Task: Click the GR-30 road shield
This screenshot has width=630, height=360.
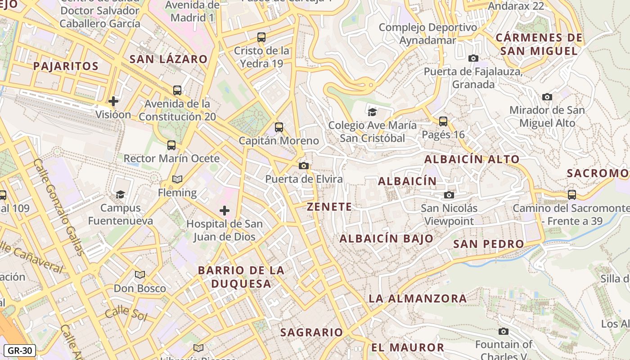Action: click(x=19, y=351)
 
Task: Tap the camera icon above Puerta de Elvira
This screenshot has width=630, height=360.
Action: click(x=304, y=166)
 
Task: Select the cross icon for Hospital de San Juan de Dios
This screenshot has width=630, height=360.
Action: click(x=224, y=210)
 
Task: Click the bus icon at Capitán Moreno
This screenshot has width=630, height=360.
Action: click(x=279, y=127)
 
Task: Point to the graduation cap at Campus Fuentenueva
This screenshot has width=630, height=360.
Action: click(x=120, y=194)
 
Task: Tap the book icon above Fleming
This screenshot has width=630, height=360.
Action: click(x=177, y=180)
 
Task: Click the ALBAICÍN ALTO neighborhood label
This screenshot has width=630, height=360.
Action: click(x=472, y=159)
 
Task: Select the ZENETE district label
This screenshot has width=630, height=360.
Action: click(x=329, y=207)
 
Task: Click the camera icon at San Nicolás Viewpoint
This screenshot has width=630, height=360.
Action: click(x=449, y=195)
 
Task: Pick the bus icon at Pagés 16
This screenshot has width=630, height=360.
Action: click(x=443, y=121)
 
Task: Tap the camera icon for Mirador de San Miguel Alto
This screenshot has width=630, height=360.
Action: click(x=547, y=97)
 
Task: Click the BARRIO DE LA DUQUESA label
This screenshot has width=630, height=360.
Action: click(x=241, y=277)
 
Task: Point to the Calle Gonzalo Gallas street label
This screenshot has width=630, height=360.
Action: click(x=58, y=207)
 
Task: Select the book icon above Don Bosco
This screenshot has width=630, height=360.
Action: click(x=140, y=274)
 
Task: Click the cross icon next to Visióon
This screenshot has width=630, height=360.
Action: click(x=113, y=101)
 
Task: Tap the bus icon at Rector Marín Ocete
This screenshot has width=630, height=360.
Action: click(x=171, y=145)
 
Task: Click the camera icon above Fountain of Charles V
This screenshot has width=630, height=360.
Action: click(x=504, y=332)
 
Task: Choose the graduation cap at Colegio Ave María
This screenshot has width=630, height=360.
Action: click(x=372, y=112)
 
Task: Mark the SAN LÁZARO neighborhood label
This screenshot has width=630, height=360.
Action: click(x=168, y=59)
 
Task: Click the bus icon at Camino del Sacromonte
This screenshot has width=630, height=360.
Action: click(x=571, y=194)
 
